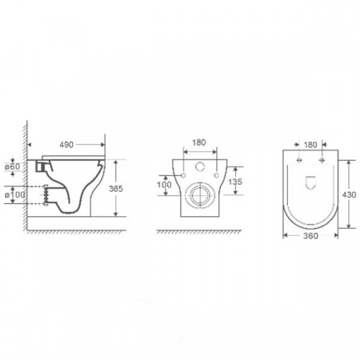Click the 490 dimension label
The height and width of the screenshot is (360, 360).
coord(66,145)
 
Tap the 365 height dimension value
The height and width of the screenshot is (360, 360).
coord(116,189)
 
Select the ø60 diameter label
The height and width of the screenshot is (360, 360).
coord(13,166)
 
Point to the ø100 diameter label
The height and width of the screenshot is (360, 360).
coord(15,194)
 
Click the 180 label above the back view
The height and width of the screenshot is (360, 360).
coord(199,142)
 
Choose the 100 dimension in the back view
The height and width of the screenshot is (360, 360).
coord(164,184)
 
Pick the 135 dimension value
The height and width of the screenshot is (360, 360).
coord(235,182)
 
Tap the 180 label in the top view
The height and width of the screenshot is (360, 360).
coord(310,145)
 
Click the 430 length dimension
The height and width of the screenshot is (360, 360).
coord(349,194)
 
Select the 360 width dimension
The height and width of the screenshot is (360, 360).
coord(310,236)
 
